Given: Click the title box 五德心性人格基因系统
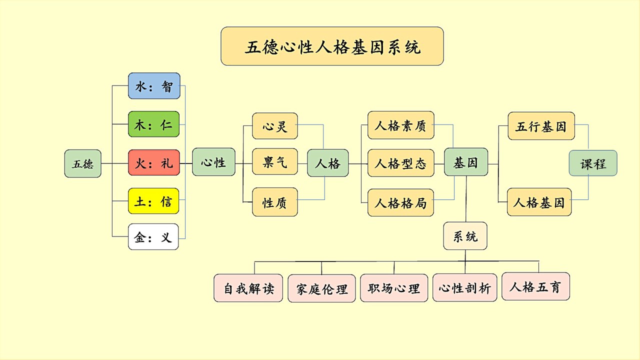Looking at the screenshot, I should [x=332, y=46].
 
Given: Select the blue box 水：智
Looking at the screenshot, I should [x=154, y=86].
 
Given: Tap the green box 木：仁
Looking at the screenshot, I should [x=154, y=124].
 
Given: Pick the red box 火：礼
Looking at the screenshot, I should [x=154, y=163].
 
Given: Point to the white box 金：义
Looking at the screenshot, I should [x=153, y=237].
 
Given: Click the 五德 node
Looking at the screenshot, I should [x=83, y=163].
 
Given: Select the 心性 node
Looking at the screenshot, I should [x=213, y=162].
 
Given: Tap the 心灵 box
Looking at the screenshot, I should [x=275, y=126].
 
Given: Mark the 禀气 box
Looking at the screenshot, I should [x=275, y=162].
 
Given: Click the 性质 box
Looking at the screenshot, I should [x=275, y=202].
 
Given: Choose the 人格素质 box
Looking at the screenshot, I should [x=400, y=125].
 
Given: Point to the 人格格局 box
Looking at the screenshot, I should [x=400, y=202].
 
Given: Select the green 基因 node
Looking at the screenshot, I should [x=466, y=162].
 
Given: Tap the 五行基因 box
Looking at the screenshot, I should [x=541, y=126].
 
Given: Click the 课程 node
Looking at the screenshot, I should [x=593, y=163].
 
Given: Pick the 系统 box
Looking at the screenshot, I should [x=465, y=236].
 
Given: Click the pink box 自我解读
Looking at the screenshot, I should [x=248, y=288].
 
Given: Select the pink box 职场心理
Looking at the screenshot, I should [x=394, y=288].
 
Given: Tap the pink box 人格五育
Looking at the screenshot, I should [x=535, y=286].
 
